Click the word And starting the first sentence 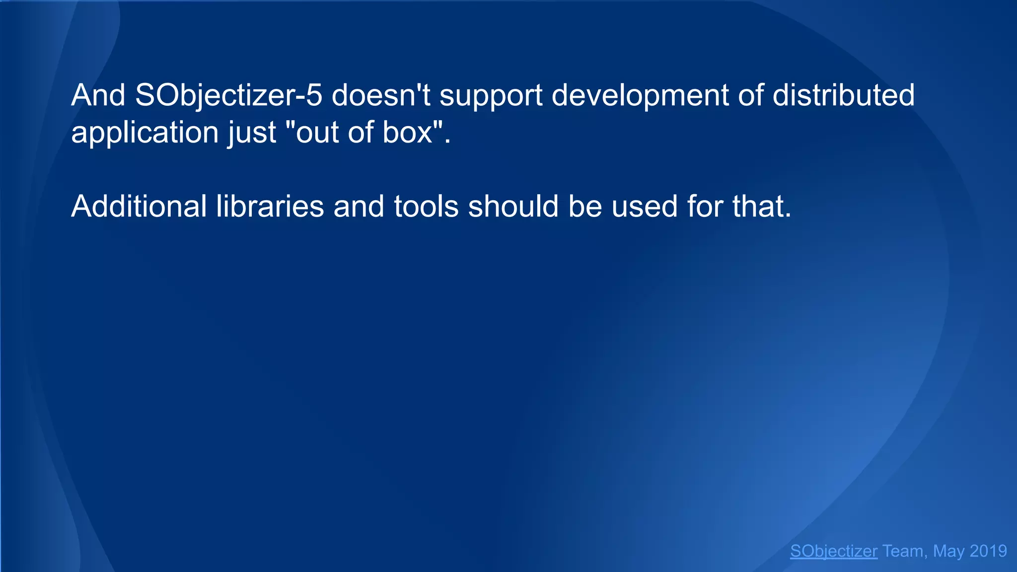point(98,95)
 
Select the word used point(644,207)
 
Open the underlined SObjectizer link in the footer point(834,551)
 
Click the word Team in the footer point(903,551)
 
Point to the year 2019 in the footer point(988,551)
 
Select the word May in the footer point(948,552)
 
